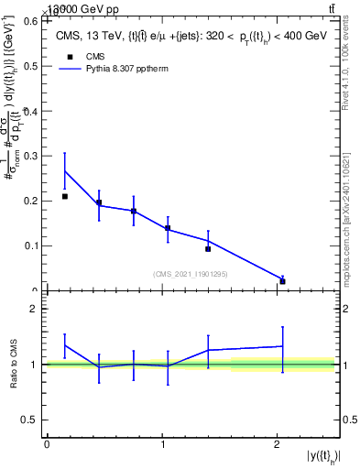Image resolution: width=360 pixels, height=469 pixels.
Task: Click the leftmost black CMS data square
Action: tap(64, 196)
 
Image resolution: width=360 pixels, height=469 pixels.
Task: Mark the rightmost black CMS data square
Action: tap(282, 281)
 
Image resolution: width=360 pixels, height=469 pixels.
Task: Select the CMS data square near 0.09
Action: tap(208, 249)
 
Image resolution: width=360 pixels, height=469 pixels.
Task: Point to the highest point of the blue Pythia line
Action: tap(64, 171)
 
